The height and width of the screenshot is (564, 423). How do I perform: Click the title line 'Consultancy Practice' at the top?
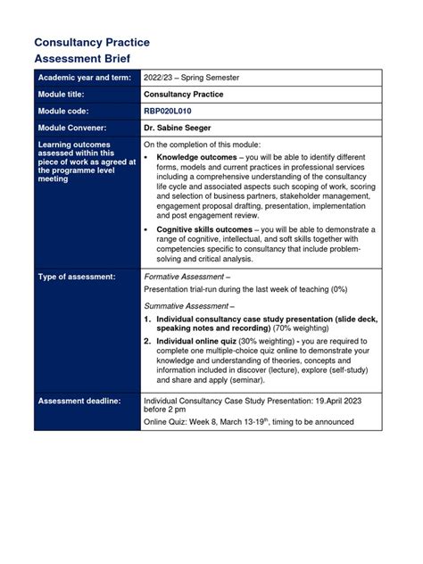(91, 42)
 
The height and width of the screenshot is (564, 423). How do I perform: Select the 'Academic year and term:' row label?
(86, 78)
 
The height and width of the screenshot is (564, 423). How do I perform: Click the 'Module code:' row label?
(65, 111)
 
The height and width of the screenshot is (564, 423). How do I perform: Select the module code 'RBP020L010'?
(170, 111)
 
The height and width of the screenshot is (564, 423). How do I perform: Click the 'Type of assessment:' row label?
(77, 278)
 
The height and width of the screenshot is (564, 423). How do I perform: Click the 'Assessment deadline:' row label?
(79, 401)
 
